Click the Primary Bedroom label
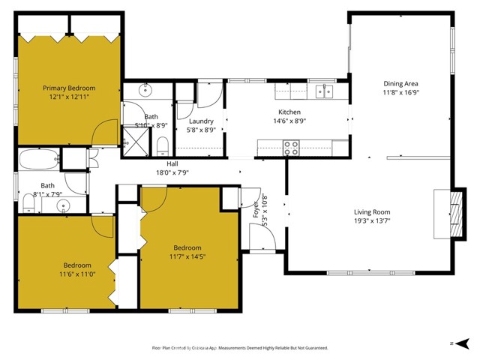[68, 88]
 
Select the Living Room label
[372, 211]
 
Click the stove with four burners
[291, 148]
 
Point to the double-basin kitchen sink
[325, 92]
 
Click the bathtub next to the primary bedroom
[37, 160]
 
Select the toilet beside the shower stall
[161, 143]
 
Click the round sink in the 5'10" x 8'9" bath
[145, 91]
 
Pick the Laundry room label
[201, 121]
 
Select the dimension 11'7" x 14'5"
[187, 256]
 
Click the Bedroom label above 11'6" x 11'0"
[77, 265]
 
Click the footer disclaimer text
[240, 348]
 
